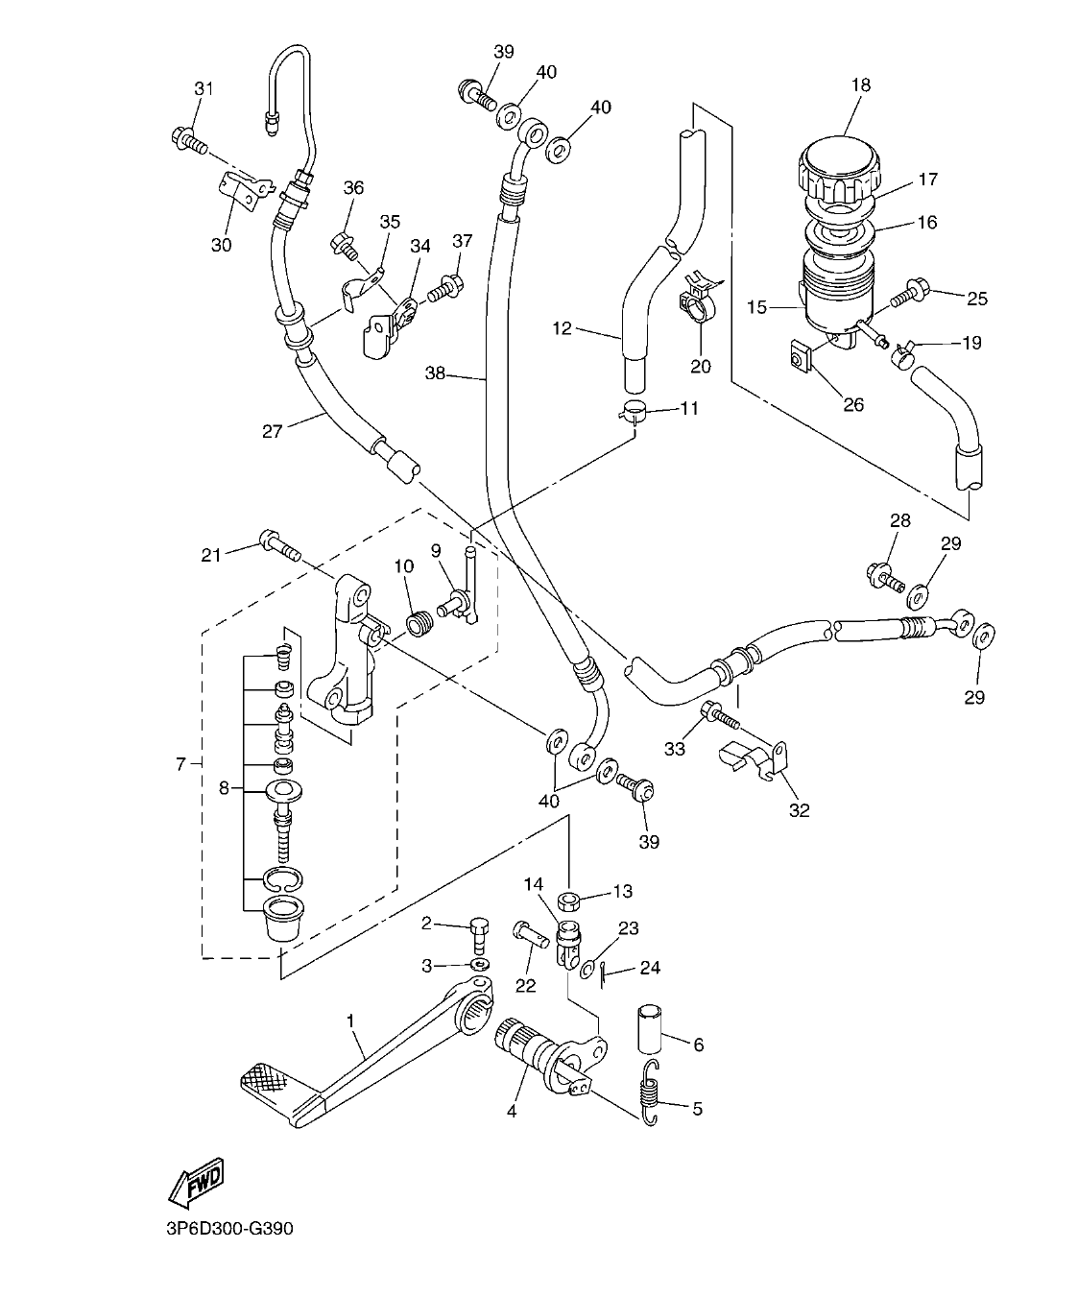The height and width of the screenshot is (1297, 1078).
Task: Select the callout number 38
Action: coord(436,373)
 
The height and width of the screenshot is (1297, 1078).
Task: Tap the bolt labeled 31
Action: coord(187,140)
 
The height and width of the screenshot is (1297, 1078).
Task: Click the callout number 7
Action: coord(180,763)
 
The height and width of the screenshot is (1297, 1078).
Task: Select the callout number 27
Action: coord(273,431)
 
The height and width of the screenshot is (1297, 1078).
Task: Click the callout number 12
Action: coord(562,329)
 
